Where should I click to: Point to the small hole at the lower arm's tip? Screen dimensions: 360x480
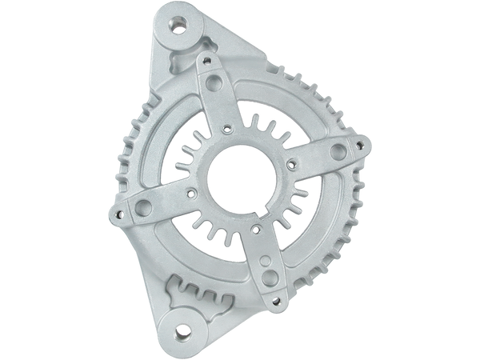click(x=280, y=301)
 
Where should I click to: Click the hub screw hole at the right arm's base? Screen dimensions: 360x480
click(x=283, y=158)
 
